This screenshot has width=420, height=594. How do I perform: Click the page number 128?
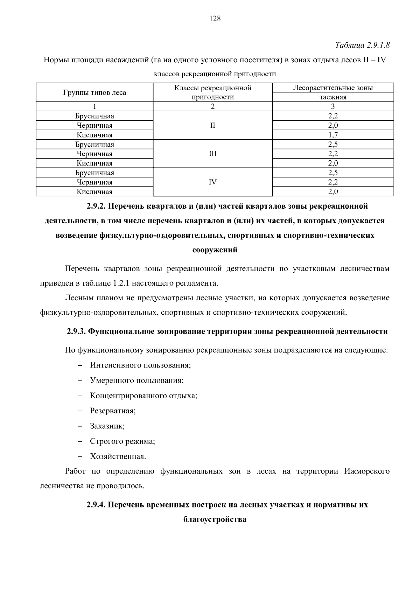(x=215, y=19)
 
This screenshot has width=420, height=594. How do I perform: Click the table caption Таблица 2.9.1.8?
(x=362, y=46)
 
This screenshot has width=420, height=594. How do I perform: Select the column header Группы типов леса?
(x=94, y=93)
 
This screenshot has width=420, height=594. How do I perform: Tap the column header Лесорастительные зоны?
(x=333, y=88)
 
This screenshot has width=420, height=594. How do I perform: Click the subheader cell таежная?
(x=333, y=97)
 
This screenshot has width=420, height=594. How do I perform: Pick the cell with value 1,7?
(x=333, y=135)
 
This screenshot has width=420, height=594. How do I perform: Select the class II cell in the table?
(x=212, y=126)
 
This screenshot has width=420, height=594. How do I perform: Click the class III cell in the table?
(x=212, y=154)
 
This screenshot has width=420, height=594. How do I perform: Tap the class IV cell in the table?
(x=212, y=182)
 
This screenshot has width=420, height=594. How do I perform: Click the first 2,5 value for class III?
(x=333, y=145)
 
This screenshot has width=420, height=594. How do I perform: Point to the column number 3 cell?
(x=333, y=107)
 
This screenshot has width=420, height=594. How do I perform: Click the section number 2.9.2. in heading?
(x=96, y=206)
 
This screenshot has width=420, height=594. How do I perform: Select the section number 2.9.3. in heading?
(x=76, y=331)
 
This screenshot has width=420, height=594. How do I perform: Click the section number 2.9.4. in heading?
(x=96, y=505)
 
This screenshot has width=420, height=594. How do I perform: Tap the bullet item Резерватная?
(x=113, y=411)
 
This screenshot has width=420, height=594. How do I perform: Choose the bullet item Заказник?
(x=107, y=426)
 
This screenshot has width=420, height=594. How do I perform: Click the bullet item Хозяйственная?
(x=118, y=457)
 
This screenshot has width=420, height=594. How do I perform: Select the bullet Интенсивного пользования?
(x=140, y=365)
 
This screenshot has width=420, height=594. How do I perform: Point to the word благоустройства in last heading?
(x=215, y=519)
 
